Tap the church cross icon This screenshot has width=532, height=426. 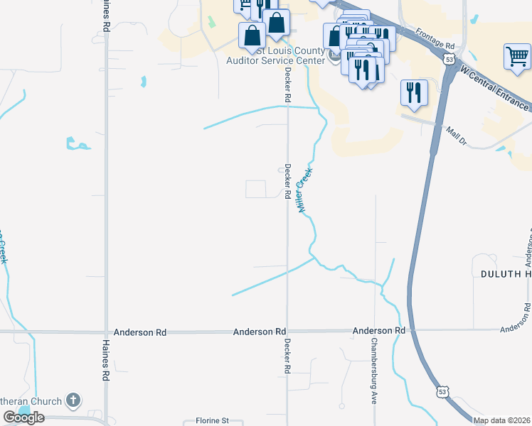tap(73, 401)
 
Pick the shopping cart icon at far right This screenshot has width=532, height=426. tap(516, 57)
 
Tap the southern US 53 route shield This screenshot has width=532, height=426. tap(442, 391)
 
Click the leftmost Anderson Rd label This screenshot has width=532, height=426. tap(140, 332)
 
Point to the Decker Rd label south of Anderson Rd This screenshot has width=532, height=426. tap(288, 356)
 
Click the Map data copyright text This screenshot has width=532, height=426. tap(501, 420)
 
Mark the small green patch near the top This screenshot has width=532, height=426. tap(211, 22)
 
